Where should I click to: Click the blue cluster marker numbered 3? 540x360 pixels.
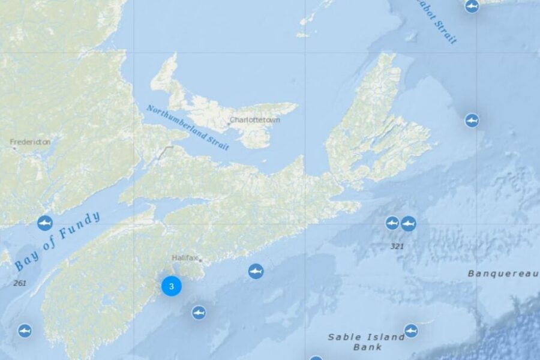(172, 287)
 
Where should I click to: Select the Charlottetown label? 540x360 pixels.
(256, 119)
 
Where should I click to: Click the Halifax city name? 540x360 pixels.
(184, 257)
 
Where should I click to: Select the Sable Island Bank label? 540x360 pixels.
(367, 341)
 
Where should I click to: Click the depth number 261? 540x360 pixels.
(19, 283)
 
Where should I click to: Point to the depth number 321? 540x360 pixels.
(397, 246)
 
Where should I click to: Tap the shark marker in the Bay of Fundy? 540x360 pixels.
(45, 223)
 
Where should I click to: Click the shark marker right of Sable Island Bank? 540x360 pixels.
(411, 331)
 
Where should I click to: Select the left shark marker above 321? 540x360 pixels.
(392, 223)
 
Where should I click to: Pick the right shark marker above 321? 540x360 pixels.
(409, 224)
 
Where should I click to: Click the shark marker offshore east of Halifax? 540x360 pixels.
(256, 271)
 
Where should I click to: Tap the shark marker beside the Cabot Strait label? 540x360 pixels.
(472, 6)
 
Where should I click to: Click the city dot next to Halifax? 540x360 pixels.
(200, 260)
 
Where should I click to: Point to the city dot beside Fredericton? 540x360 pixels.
(13, 147)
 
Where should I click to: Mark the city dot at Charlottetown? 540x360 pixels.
(229, 125)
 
